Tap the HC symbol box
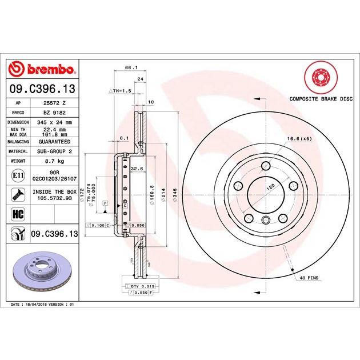pos(18,214)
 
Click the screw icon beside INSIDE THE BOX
pos(18,194)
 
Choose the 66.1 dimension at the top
pos(130,67)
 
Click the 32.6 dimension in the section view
pos(137,169)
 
